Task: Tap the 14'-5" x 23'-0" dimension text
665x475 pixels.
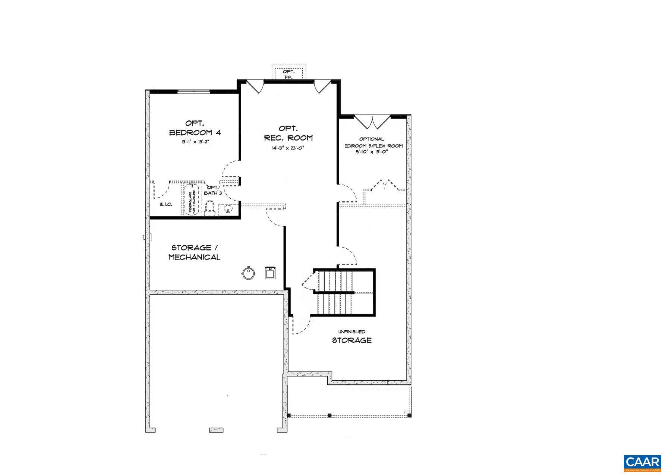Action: coord(288,148)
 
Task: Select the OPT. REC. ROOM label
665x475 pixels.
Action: coord(288,133)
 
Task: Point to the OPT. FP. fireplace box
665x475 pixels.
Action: coord(289,73)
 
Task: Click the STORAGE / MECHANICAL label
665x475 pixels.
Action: coord(194,252)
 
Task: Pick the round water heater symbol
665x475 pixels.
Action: coord(248,273)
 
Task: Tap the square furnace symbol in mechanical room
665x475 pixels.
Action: coord(270,273)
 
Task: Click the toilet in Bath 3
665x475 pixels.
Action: coord(209,208)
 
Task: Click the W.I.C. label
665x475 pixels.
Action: coord(166,204)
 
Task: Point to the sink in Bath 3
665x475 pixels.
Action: coord(227,210)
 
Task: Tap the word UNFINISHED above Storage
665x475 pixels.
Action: coord(352,332)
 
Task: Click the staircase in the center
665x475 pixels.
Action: coord(343,293)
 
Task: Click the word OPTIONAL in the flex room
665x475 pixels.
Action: coord(371,139)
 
